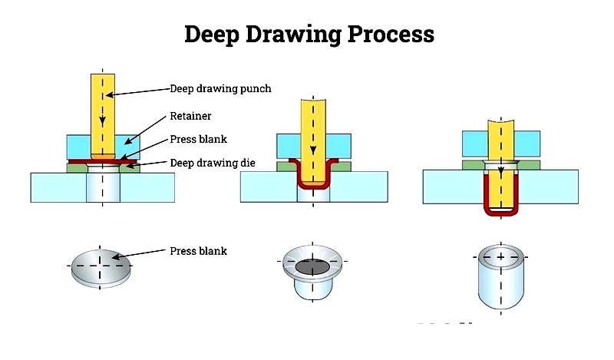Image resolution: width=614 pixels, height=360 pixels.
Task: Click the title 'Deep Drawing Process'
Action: (x=309, y=35)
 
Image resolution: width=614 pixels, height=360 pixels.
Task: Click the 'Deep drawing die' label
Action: (x=213, y=163)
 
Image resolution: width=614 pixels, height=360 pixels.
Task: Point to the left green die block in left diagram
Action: (x=77, y=168)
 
